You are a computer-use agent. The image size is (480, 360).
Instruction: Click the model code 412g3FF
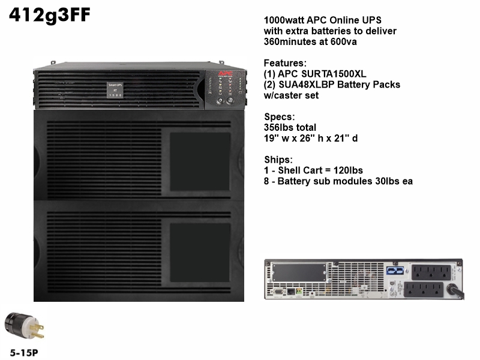[x=50, y=15]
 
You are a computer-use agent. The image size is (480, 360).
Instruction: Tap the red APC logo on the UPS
[x=226, y=74]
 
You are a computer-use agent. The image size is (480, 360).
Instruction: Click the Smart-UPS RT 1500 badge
[x=115, y=90]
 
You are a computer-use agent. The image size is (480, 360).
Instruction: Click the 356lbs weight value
[x=275, y=127]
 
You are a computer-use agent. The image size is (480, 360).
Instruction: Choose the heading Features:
[x=285, y=63]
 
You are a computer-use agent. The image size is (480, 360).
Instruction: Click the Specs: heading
[x=280, y=116]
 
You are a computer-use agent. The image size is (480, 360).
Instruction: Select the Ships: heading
[x=278, y=160]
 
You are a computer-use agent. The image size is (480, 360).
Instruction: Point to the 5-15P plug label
[x=24, y=353]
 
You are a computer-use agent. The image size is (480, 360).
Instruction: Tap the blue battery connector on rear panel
[x=395, y=271]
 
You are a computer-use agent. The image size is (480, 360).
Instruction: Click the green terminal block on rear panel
[x=299, y=291]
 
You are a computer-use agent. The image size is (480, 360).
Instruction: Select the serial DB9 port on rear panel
[x=278, y=292]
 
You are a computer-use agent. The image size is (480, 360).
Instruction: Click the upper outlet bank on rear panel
[x=431, y=272]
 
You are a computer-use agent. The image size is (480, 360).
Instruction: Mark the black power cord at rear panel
[x=456, y=291]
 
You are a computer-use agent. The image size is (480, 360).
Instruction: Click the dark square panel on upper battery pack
[x=200, y=161]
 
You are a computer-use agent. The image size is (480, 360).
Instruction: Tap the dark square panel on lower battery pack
[x=200, y=253]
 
